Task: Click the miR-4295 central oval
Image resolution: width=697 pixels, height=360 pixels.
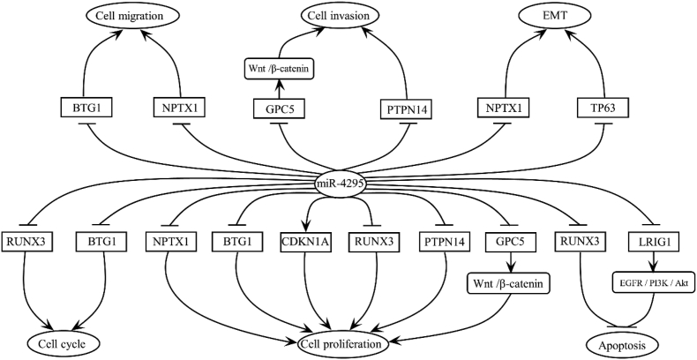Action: (x=348, y=184)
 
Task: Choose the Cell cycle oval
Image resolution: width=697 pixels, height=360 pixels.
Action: (x=60, y=341)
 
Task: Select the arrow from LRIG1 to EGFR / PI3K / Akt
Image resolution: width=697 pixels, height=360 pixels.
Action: (x=653, y=262)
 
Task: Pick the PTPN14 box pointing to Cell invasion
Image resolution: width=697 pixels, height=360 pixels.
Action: (x=408, y=108)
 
